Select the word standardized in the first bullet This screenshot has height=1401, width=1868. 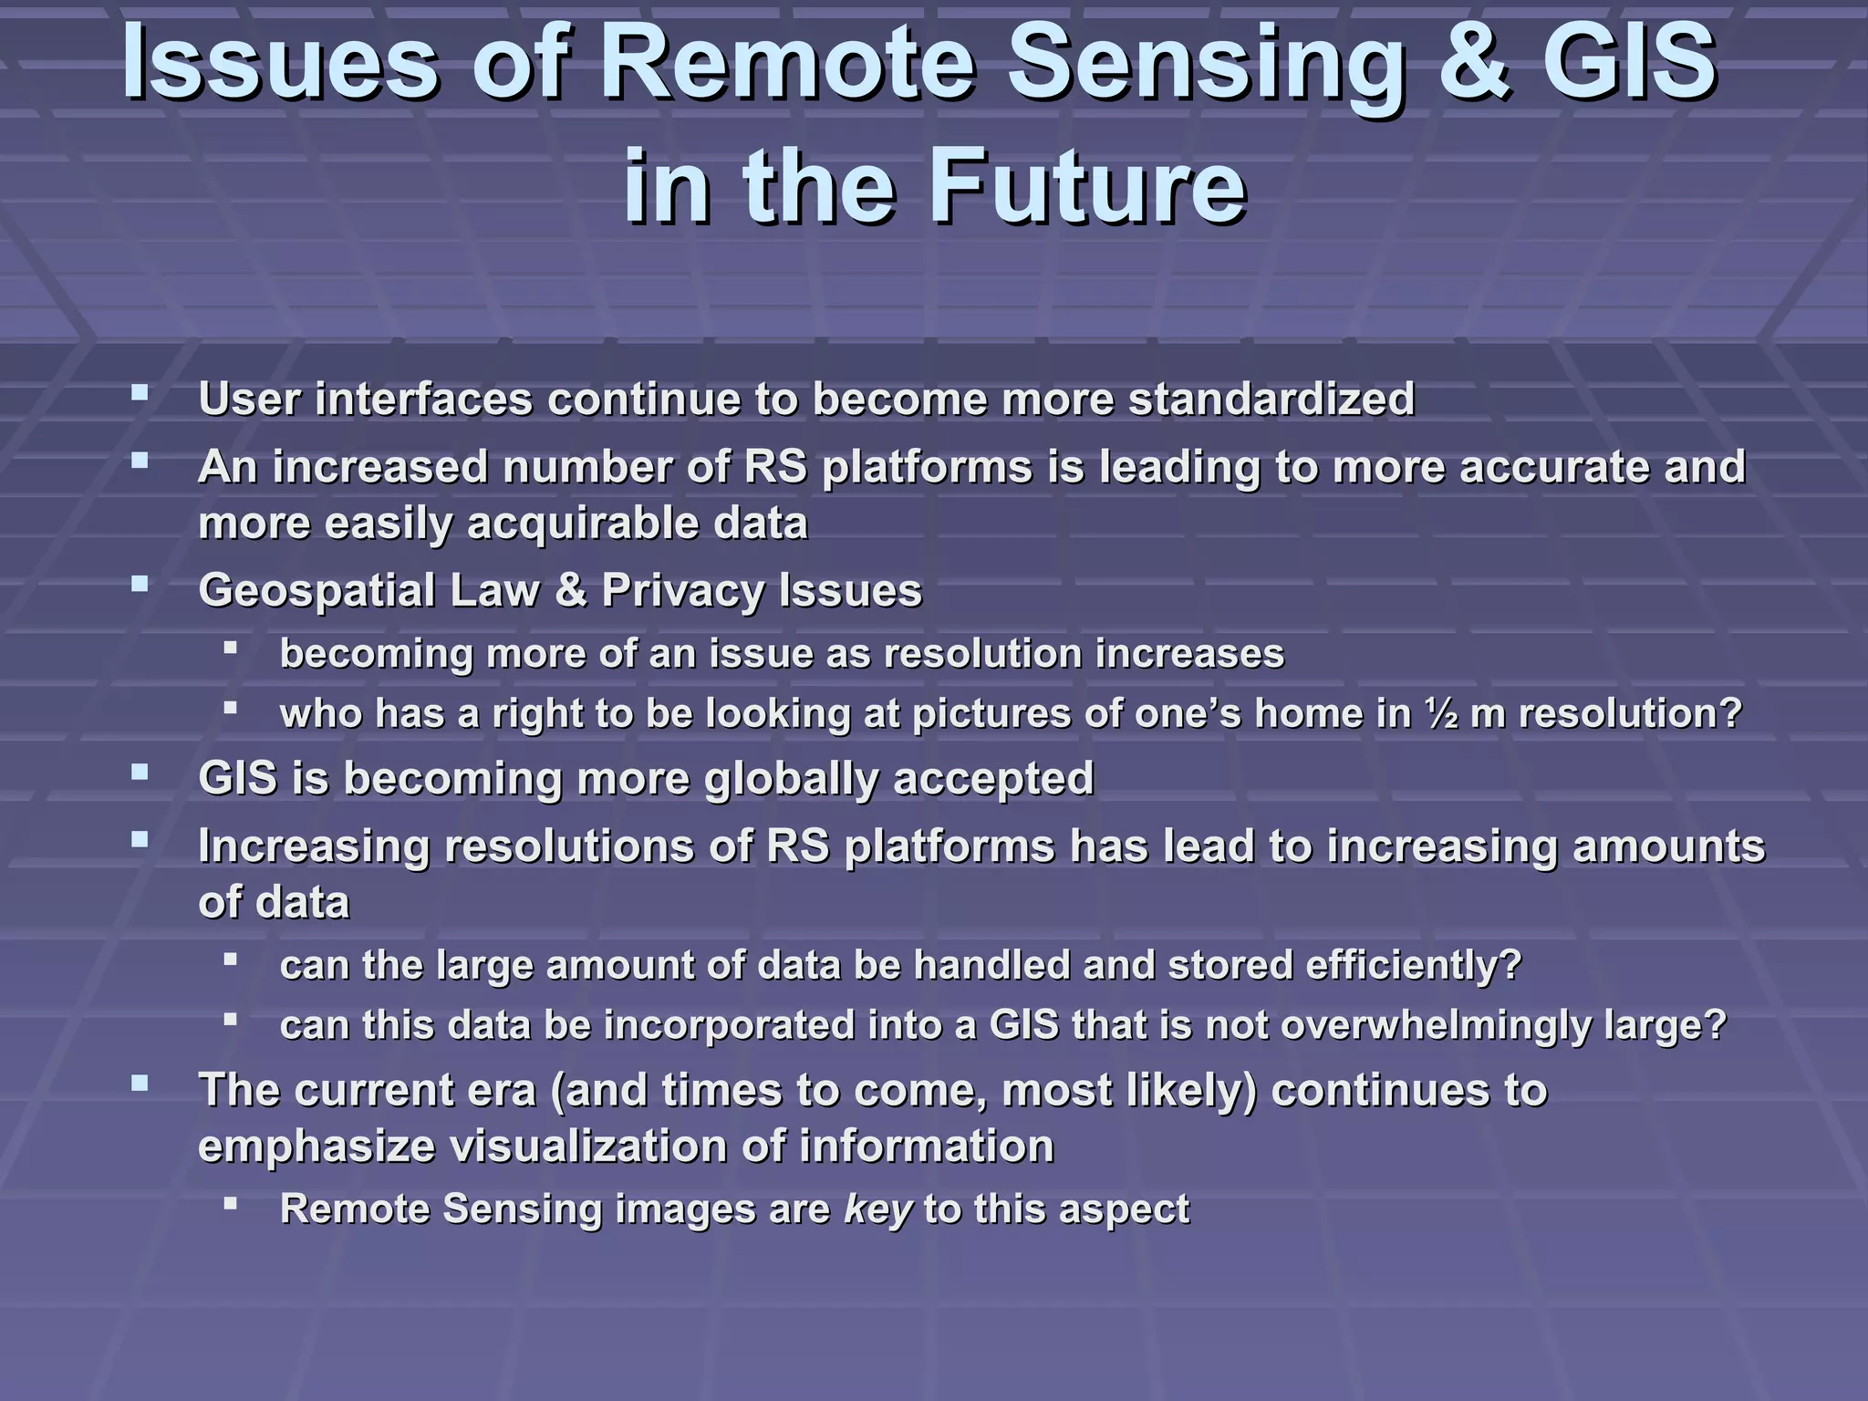click(x=1271, y=400)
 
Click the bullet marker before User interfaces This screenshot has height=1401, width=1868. click(x=140, y=393)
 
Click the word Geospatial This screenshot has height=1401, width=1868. click(x=317, y=590)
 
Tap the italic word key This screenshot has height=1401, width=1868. click(x=877, y=1209)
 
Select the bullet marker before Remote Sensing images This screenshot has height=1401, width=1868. click(x=231, y=1203)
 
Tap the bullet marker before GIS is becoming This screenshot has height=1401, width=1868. click(x=140, y=773)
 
